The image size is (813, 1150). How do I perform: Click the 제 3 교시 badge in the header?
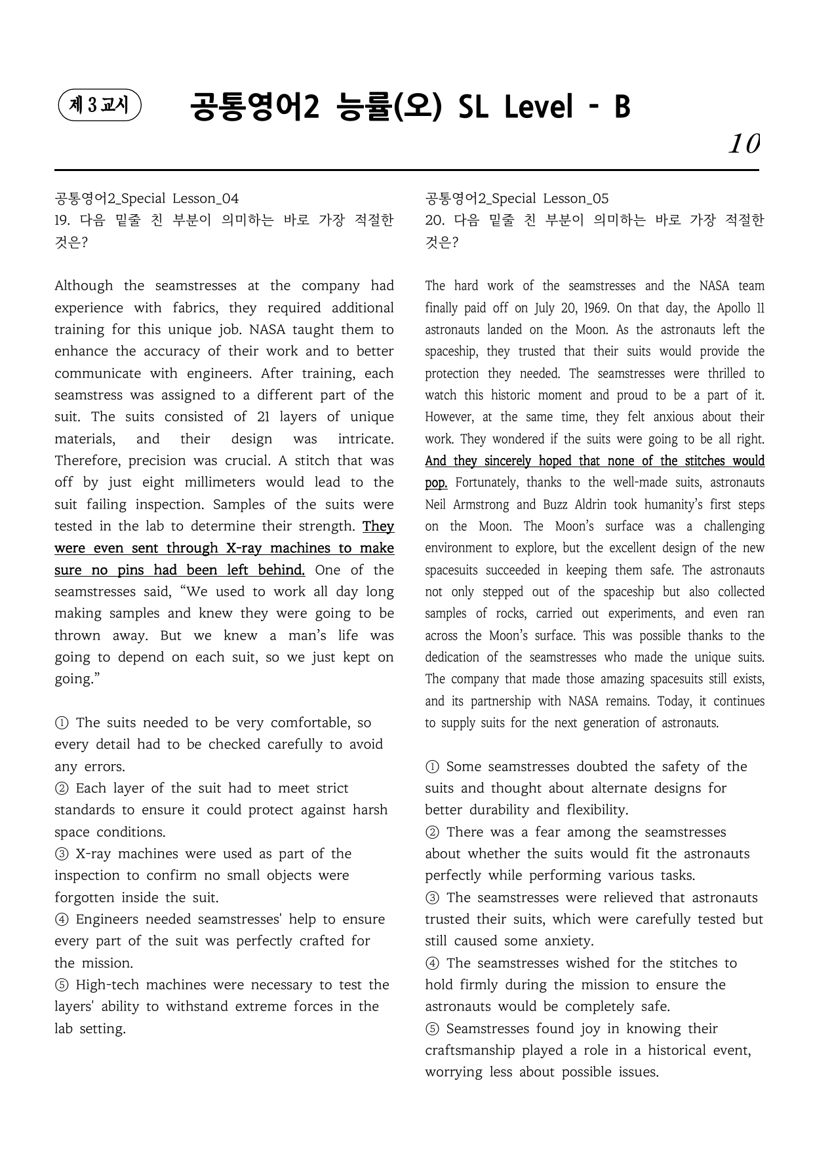(x=100, y=105)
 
